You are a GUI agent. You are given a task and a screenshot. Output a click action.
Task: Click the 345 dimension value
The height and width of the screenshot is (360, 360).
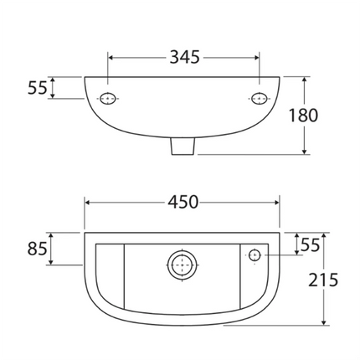click(x=183, y=57)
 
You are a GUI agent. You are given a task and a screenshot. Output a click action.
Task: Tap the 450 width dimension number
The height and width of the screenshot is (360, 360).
click(x=183, y=202)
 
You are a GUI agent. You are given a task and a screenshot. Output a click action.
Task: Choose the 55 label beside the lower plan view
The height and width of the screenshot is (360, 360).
click(x=310, y=244)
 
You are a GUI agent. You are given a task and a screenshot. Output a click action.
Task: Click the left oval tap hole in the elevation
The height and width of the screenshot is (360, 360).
click(x=108, y=99)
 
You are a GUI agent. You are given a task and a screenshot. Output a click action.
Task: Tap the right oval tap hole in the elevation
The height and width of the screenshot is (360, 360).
click(x=258, y=99)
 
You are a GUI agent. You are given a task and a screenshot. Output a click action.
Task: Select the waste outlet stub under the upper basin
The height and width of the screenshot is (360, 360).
click(x=183, y=147)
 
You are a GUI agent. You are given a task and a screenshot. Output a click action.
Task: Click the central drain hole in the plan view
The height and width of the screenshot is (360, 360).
click(x=180, y=265)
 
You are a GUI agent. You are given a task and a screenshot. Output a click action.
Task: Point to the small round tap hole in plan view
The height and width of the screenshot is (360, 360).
click(x=255, y=255)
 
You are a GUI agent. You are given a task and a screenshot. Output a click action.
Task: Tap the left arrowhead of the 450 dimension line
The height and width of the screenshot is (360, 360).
click(x=88, y=202)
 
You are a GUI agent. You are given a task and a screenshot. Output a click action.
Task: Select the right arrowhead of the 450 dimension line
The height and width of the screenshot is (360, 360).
click(x=277, y=202)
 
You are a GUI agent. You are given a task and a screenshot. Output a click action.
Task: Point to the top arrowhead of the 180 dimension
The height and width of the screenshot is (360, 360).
click(x=302, y=80)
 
